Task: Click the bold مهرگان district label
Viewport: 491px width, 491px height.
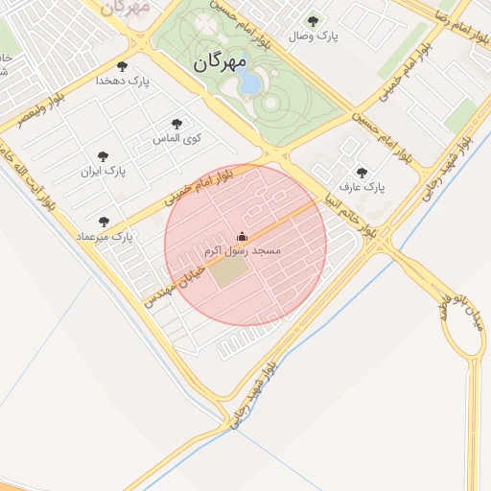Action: point(220,62)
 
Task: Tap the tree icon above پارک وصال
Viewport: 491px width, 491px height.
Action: point(312,20)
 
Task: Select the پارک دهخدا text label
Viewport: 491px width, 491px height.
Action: point(122,81)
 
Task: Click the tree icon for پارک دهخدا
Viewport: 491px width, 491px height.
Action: point(122,65)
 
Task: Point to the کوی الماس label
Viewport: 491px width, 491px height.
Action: point(177,139)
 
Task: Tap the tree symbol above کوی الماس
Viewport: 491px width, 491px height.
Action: point(176,124)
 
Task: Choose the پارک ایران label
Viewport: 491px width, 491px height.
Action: point(104,172)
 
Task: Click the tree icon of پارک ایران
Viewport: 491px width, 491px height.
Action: point(104,156)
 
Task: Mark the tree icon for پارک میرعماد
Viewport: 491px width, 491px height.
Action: point(104,222)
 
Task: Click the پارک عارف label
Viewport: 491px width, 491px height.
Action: point(362,188)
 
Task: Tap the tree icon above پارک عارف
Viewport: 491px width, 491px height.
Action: point(362,173)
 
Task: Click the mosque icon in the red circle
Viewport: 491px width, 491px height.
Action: point(242,236)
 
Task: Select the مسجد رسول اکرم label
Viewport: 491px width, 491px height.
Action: point(242,250)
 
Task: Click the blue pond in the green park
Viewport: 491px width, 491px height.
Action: point(249,84)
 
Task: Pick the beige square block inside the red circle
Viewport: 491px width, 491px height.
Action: point(227,273)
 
